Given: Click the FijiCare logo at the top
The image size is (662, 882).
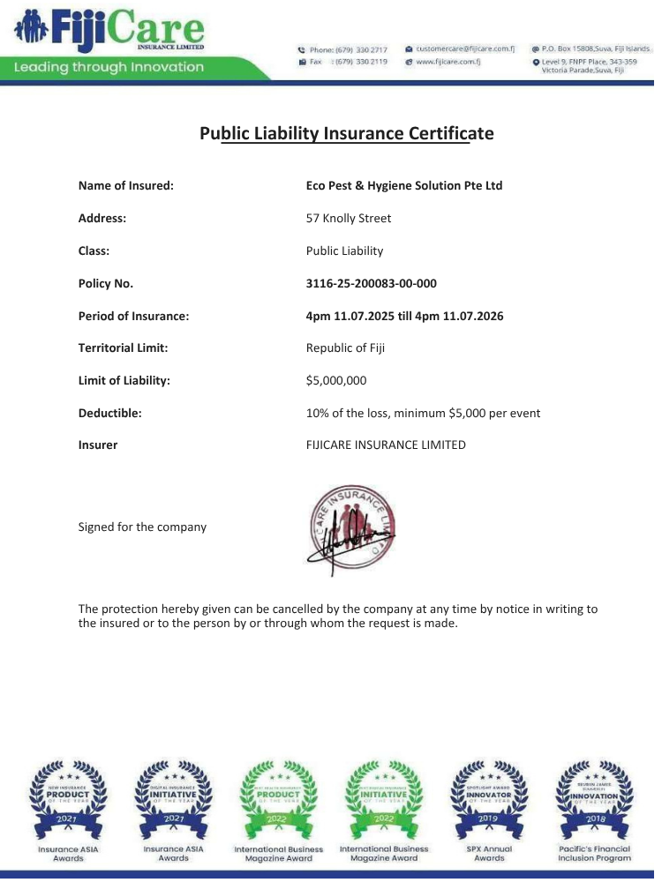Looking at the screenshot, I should click(x=111, y=31).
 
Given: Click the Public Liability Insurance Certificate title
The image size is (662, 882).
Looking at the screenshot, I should click(x=346, y=134).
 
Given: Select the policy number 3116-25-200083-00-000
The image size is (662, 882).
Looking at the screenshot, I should click(x=371, y=283).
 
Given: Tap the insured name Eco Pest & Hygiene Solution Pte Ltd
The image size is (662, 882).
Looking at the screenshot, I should click(x=404, y=186).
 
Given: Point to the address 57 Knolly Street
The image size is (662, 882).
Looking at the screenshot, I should click(x=349, y=219).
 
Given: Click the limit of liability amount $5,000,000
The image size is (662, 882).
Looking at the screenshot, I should click(x=336, y=380).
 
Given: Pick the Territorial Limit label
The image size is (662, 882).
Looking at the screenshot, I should click(x=123, y=348).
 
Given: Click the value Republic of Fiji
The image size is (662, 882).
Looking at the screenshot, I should click(x=345, y=348).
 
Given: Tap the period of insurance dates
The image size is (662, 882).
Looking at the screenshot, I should click(x=404, y=316).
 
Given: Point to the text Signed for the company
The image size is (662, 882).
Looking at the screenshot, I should click(x=142, y=527).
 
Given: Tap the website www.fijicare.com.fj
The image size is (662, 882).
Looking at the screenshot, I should click(x=447, y=63).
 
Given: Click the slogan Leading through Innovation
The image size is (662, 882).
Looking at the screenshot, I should click(x=109, y=67).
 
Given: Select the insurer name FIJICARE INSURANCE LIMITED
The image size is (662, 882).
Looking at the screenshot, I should click(x=386, y=445).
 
